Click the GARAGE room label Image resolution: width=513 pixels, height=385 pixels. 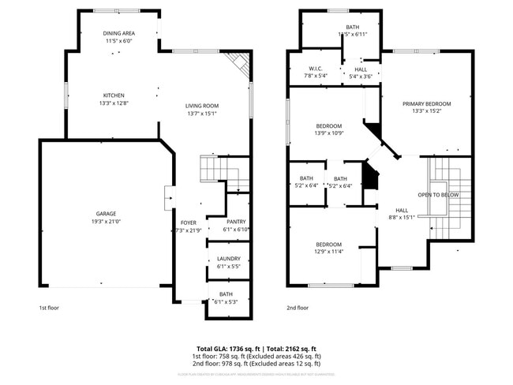pyautogui.click(x=107, y=214)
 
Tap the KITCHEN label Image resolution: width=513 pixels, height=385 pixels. pyautogui.click(x=114, y=95)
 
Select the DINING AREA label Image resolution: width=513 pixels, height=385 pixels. pyautogui.click(x=118, y=33)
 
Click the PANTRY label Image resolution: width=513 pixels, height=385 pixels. pyautogui.click(x=236, y=222)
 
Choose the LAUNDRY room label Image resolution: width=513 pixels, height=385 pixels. pyautogui.click(x=228, y=259)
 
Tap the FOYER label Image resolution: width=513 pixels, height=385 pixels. pyautogui.click(x=188, y=222)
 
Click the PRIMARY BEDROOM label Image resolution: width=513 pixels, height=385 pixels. pyautogui.click(x=426, y=104)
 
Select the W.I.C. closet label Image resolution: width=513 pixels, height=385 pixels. pyautogui.click(x=315, y=69)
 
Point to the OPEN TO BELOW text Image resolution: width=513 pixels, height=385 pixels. pyautogui.click(x=439, y=195)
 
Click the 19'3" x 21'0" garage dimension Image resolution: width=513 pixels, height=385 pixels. pyautogui.click(x=107, y=222)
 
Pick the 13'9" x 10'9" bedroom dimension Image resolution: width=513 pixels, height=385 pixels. pyautogui.click(x=329, y=133)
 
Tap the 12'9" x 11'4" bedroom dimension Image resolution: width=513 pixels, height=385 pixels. pyautogui.click(x=328, y=252)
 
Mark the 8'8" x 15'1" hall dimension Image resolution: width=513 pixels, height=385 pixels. pyautogui.click(x=402, y=218)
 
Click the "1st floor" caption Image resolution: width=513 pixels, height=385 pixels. pyautogui.click(x=49, y=308)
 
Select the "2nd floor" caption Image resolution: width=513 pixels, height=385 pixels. pyautogui.click(x=298, y=308)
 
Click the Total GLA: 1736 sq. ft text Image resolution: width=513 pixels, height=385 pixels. pyautogui.click(x=229, y=348)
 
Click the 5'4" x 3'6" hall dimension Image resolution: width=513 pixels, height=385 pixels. pyautogui.click(x=361, y=77)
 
